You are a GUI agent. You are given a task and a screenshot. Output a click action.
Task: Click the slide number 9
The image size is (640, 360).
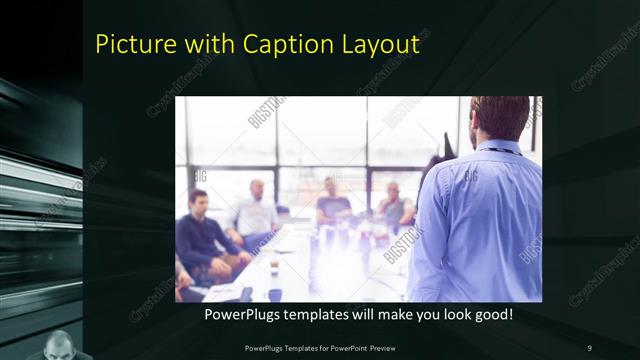[589, 347]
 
